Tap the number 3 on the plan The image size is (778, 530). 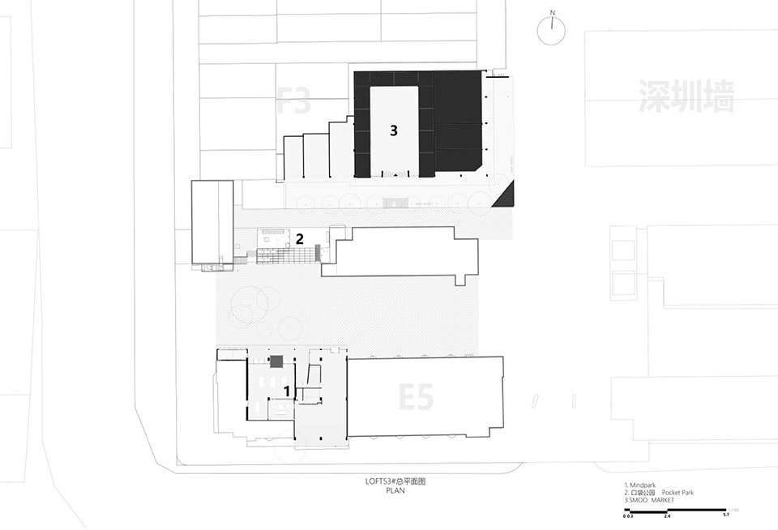pyautogui.click(x=393, y=130)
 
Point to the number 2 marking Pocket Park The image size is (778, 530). pyautogui.click(x=299, y=239)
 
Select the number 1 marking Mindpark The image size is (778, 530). pyautogui.click(x=286, y=391)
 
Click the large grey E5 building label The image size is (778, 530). pyautogui.click(x=416, y=397)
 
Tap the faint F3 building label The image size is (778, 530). pyautogui.click(x=293, y=102)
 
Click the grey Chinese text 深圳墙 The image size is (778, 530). pyautogui.click(x=686, y=96)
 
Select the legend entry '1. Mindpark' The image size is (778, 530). pyautogui.click(x=641, y=485)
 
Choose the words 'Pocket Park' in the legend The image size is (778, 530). pyautogui.click(x=678, y=493)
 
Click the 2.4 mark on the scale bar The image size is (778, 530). pyautogui.click(x=668, y=515)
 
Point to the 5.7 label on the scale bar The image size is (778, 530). pyautogui.click(x=726, y=515)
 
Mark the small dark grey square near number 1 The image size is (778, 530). pyautogui.click(x=276, y=361)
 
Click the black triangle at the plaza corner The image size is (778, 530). pyautogui.click(x=507, y=195)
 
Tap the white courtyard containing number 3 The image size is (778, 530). pyautogui.click(x=395, y=130)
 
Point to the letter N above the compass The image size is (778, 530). pyautogui.click(x=552, y=13)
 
